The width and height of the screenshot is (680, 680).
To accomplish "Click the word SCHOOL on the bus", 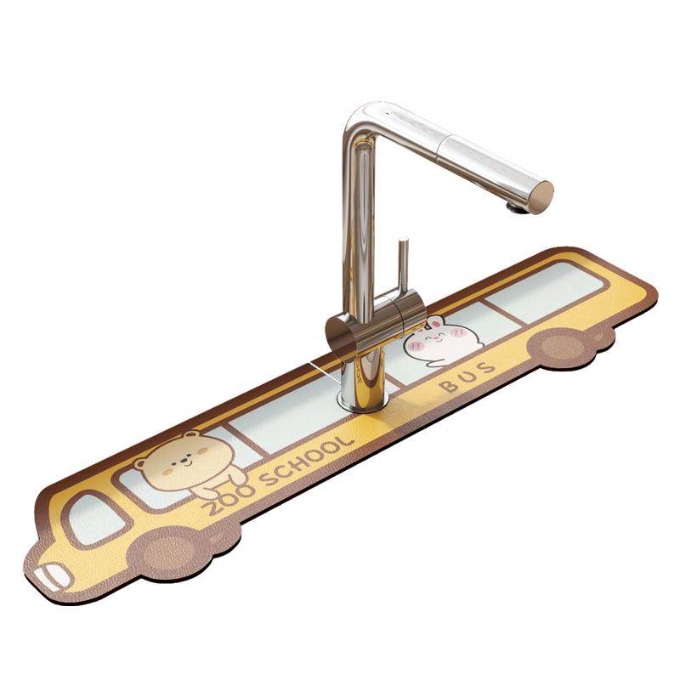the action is point(308,461).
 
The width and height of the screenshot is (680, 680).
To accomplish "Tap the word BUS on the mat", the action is point(467,377).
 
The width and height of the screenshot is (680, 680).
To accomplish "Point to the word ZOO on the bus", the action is point(228,500).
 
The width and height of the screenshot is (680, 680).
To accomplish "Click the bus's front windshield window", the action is point(93,520).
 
